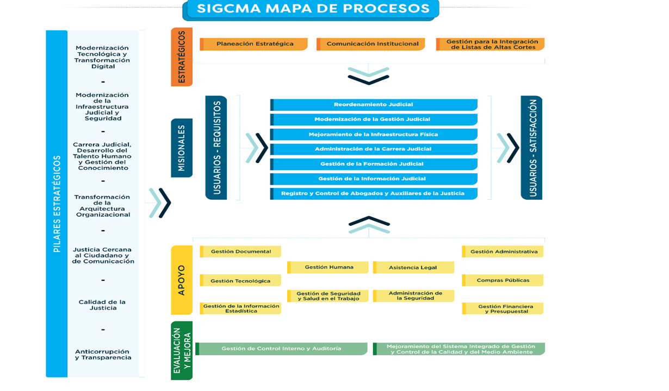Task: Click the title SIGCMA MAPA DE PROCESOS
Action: click(313, 9)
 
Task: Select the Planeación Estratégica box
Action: click(254, 44)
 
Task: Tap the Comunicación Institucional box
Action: click(372, 44)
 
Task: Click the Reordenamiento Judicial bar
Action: click(374, 104)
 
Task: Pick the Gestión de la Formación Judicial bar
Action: click(374, 163)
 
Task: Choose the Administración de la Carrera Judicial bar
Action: click(374, 149)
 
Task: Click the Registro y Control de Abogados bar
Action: click(374, 193)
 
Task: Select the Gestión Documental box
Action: click(240, 251)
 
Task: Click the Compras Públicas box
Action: click(503, 280)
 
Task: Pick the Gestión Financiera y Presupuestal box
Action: click(503, 308)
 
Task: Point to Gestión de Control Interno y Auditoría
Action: click(281, 349)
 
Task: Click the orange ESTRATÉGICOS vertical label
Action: click(182, 56)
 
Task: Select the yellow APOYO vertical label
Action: click(182, 280)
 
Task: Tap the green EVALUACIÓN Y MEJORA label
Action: click(182, 351)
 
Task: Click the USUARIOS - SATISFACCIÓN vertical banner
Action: click(531, 148)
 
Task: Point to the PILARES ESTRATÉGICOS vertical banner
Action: click(57, 204)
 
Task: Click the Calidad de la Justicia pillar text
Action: click(102, 305)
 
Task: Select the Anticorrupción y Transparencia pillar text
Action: click(103, 355)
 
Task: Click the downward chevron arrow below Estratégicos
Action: click(369, 76)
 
